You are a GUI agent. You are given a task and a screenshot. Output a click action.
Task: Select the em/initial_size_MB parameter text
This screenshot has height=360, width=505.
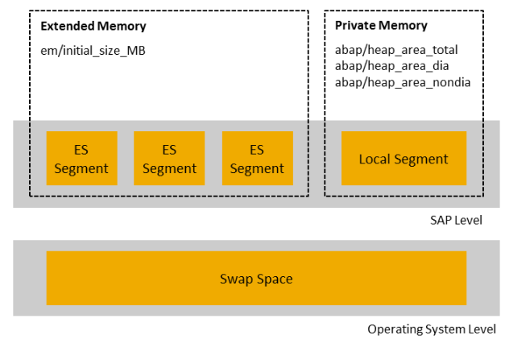tap(93, 50)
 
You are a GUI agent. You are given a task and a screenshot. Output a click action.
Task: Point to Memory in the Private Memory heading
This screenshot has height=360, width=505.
tap(404, 27)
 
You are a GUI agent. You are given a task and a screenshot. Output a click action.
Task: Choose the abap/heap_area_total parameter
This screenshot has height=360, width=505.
tap(396, 50)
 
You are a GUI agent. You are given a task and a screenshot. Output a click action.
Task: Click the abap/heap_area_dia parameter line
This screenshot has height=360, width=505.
tap(391, 65)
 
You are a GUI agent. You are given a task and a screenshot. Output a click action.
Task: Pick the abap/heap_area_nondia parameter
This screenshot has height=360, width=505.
tap(403, 81)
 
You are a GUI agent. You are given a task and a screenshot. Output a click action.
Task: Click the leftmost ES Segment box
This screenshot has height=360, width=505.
tap(81, 159)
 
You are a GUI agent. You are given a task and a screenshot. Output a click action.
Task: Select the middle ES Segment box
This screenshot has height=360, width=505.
tap(169, 159)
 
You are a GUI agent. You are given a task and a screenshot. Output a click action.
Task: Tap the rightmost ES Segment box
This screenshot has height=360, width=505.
tap(257, 159)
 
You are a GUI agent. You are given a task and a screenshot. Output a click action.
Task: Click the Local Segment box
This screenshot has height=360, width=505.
tap(404, 159)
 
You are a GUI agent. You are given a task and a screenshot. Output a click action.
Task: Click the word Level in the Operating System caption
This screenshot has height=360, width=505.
tap(483, 329)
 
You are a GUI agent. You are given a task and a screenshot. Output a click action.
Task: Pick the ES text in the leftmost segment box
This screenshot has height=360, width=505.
tap(81, 150)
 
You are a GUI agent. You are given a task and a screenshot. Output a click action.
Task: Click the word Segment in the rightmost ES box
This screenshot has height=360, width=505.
tap(257, 168)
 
